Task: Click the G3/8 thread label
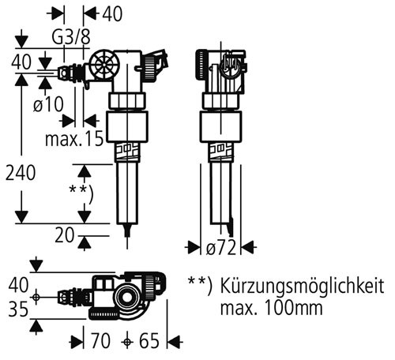tap(71, 37)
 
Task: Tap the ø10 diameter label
tap(48, 104)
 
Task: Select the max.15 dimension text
tap(74, 139)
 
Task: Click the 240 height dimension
tap(21, 173)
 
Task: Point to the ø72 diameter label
tap(220, 248)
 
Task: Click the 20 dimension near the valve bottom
tap(65, 235)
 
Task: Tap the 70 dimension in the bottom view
tap(100, 341)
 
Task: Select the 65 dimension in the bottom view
tap(149, 341)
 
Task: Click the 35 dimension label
tap(18, 309)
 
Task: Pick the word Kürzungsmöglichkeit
tap(302, 287)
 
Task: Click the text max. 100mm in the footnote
tap(271, 308)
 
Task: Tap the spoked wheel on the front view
tap(104, 65)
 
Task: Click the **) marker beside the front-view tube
tap(81, 194)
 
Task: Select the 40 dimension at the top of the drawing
tap(112, 13)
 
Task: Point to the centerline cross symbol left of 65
tap(127, 342)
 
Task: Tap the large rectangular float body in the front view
tap(127, 127)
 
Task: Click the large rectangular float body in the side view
tap(220, 127)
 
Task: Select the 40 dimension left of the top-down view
tap(18, 286)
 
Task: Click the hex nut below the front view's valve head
tap(127, 100)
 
